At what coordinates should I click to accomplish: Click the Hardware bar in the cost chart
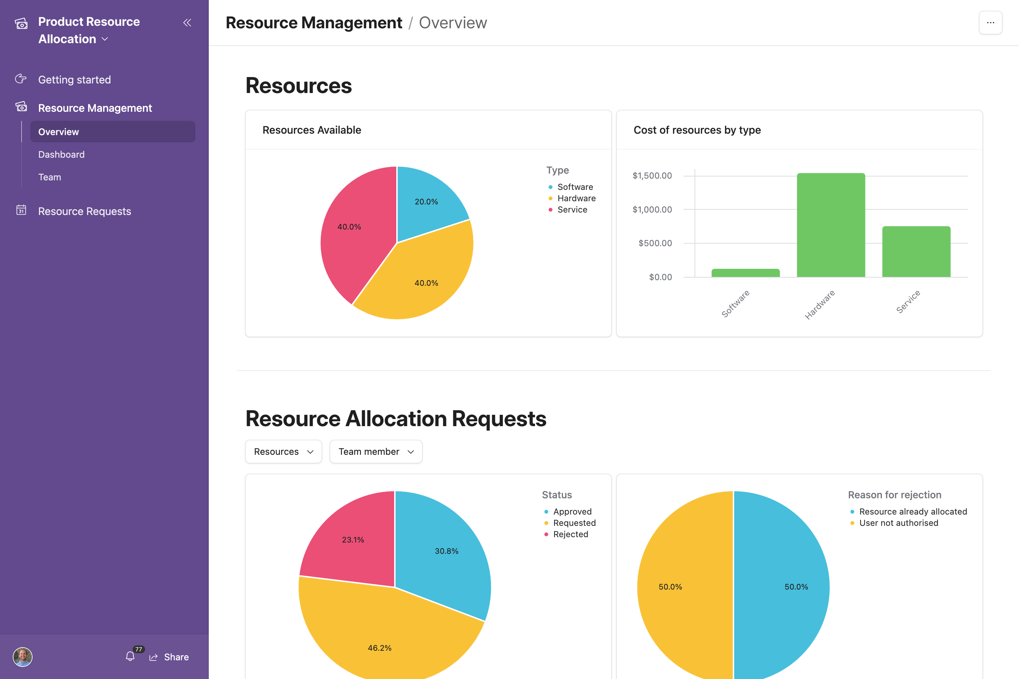pos(830,225)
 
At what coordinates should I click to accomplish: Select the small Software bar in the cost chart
pos(745,273)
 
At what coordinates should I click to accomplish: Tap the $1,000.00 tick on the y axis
pos(652,210)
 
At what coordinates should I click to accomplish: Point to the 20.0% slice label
pos(426,202)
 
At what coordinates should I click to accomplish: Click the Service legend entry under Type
pos(572,210)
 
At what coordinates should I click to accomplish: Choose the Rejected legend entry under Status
pos(570,534)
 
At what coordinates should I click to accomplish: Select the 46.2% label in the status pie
pos(380,648)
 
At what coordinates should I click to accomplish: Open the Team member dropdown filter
pos(376,452)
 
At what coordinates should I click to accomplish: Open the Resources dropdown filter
pos(283,452)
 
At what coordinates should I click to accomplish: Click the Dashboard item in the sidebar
pos(62,155)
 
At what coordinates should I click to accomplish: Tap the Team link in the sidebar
pos(50,177)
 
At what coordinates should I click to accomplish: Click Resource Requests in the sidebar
pos(85,211)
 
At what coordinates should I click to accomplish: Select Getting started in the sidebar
pos(75,80)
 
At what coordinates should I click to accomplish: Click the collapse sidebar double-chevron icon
pos(187,23)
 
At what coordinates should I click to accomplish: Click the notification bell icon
pos(130,656)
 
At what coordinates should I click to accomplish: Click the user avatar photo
pos(23,656)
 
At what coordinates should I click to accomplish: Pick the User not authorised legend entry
pos(898,523)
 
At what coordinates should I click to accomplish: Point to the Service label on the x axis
pos(908,301)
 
